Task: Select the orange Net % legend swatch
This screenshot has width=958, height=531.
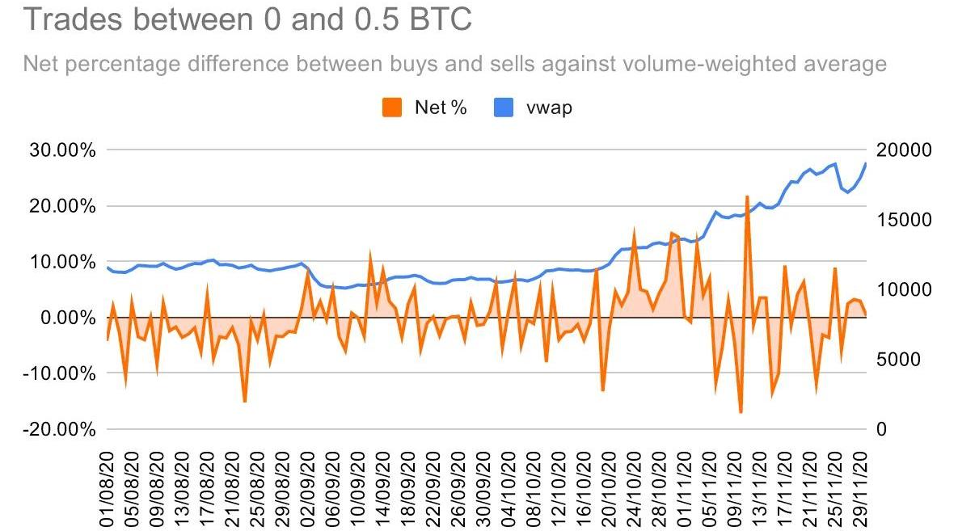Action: click(x=392, y=107)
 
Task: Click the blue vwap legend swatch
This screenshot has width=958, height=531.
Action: click(x=504, y=107)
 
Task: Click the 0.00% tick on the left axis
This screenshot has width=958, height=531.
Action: click(x=71, y=318)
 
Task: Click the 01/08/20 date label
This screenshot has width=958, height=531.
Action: click(x=108, y=494)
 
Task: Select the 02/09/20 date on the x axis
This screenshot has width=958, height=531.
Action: click(x=307, y=494)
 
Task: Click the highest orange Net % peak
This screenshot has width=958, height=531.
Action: click(x=747, y=196)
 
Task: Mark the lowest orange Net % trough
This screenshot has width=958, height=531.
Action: click(x=741, y=412)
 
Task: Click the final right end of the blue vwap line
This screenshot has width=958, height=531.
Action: click(x=866, y=163)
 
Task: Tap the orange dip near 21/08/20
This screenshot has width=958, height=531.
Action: click(x=244, y=401)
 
